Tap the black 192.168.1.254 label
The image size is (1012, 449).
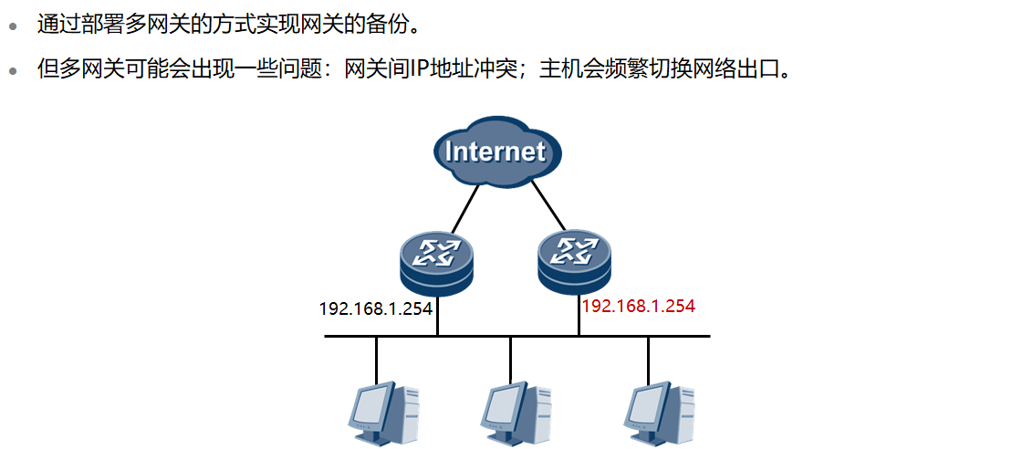(x=375, y=308)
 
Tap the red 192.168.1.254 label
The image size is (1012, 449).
(x=639, y=307)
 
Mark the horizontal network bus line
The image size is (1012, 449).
(x=516, y=337)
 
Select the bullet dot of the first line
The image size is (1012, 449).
(x=13, y=26)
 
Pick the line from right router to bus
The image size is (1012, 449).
(x=579, y=315)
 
